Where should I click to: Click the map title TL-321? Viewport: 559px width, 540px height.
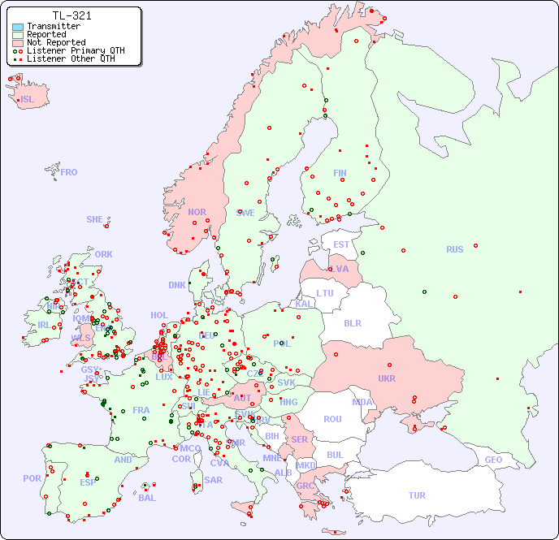pyautogui.click(x=71, y=15)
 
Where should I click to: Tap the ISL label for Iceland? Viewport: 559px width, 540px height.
pyautogui.click(x=28, y=100)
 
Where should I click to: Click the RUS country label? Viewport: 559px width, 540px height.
pyautogui.click(x=454, y=250)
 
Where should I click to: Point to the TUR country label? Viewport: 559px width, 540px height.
pyautogui.click(x=417, y=495)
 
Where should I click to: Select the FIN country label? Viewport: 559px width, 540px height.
pyautogui.click(x=340, y=173)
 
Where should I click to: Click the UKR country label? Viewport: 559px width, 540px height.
pyautogui.click(x=387, y=378)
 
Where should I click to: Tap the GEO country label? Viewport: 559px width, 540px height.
pyautogui.click(x=493, y=460)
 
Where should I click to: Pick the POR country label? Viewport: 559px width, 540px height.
pyautogui.click(x=32, y=479)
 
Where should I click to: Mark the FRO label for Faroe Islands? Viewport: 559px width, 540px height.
pyautogui.click(x=69, y=172)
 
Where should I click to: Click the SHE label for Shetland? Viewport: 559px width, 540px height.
pyautogui.click(x=95, y=219)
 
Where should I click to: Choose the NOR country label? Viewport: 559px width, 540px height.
pyautogui.click(x=197, y=212)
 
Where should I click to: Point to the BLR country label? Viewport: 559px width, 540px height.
pyautogui.click(x=353, y=323)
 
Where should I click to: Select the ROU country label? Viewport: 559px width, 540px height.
pyautogui.click(x=332, y=419)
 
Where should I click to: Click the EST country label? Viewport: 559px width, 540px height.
pyautogui.click(x=341, y=244)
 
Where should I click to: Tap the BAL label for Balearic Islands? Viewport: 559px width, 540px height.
pyautogui.click(x=146, y=498)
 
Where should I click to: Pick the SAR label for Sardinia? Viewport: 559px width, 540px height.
pyautogui.click(x=213, y=480)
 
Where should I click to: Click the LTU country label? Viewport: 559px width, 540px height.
pyautogui.click(x=325, y=293)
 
